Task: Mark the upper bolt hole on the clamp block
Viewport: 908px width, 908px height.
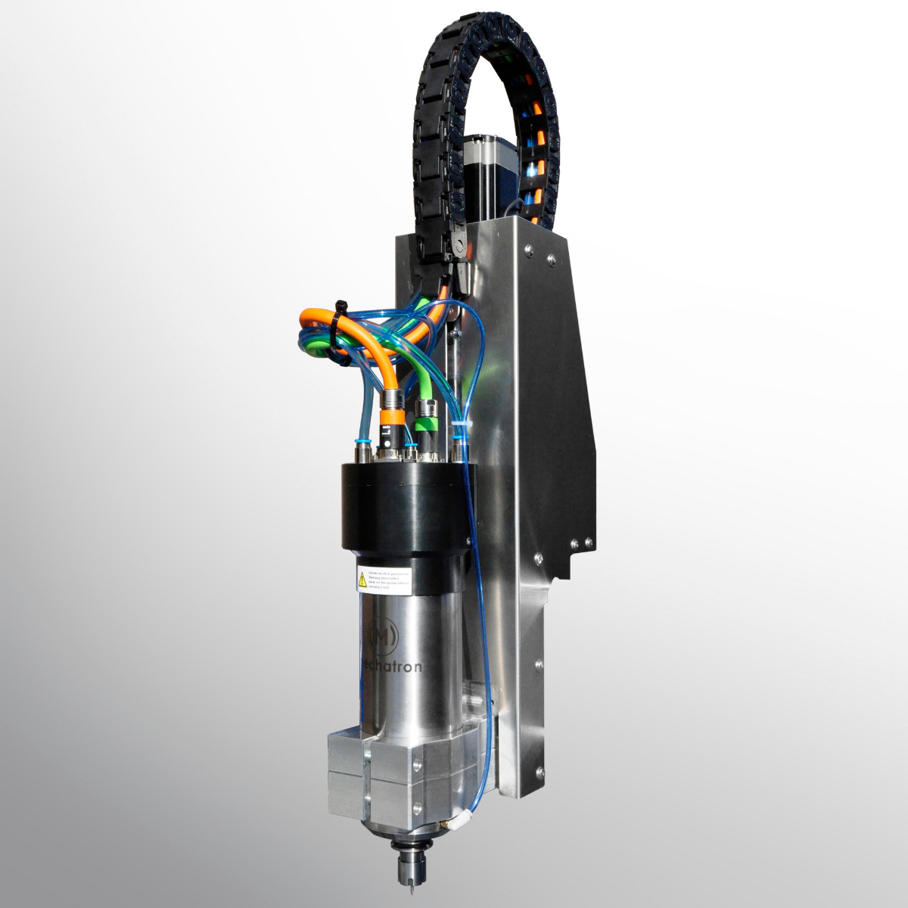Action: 415,764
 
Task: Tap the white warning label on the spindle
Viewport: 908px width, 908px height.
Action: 384,579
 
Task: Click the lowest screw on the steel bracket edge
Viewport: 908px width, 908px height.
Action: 540,773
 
